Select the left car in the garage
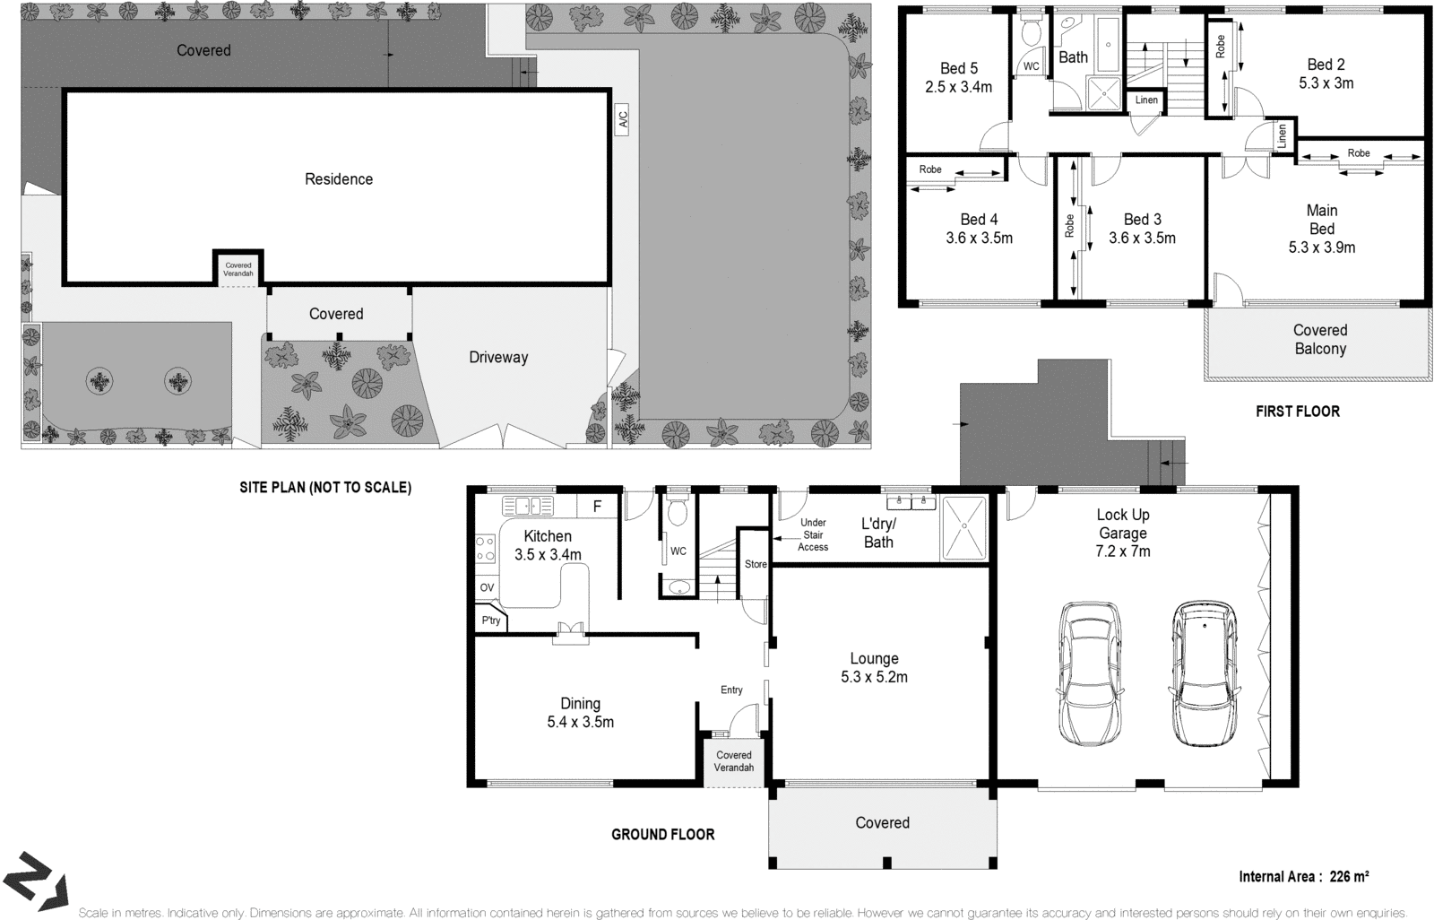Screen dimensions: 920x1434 pos(1089,672)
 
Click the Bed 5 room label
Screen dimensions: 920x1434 pos(958,68)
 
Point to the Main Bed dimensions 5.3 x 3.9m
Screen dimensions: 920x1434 pos(1321,247)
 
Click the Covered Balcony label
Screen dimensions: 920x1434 pos(1319,339)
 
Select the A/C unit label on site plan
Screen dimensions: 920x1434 pos(622,119)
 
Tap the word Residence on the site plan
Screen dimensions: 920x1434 pos(338,179)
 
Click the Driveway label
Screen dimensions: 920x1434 pos(498,357)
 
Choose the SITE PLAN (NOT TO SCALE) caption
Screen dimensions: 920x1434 pos(324,488)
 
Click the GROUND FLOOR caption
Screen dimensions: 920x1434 pos(662,834)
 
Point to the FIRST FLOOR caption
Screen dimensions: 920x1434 pos(1297,412)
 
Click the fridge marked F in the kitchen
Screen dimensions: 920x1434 pos(597,507)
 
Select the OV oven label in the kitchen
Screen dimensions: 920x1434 pos(487,587)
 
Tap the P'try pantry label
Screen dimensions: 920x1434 pos(490,621)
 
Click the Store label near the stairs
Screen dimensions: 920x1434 pos(756,564)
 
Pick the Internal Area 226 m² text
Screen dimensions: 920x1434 pos(1303,876)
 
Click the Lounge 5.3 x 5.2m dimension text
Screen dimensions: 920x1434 pos(874,677)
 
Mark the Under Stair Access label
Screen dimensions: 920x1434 pos(813,534)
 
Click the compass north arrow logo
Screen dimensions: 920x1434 pos(36,880)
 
